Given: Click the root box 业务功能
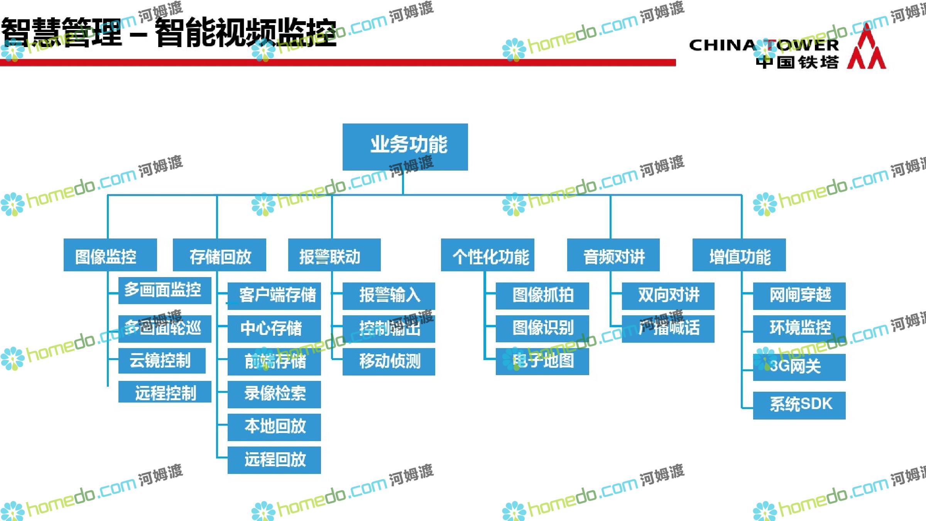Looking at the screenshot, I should coord(405,147).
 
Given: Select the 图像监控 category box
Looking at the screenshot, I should coord(110,255).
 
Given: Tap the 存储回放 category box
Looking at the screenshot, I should coord(219,255).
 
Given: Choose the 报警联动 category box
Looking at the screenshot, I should coord(334,255).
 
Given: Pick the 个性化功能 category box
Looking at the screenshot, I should coord(487,255).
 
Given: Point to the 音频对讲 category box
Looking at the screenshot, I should coord(613,255).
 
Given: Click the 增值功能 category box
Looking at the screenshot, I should coord(739,255).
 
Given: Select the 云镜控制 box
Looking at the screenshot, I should coord(162,361).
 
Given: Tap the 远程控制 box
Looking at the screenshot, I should coord(165,392).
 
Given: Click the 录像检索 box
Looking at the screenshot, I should coord(274,394).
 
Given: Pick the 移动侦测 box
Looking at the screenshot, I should coord(389,362).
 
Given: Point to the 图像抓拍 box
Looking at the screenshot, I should coord(542,296).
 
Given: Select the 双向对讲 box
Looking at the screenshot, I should coord(668,296).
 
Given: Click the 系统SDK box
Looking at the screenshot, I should coord(799,405).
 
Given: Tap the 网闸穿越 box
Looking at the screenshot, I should coord(799,296).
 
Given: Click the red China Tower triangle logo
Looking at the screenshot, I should coord(866,48).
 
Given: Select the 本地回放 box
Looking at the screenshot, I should coord(274,427).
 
